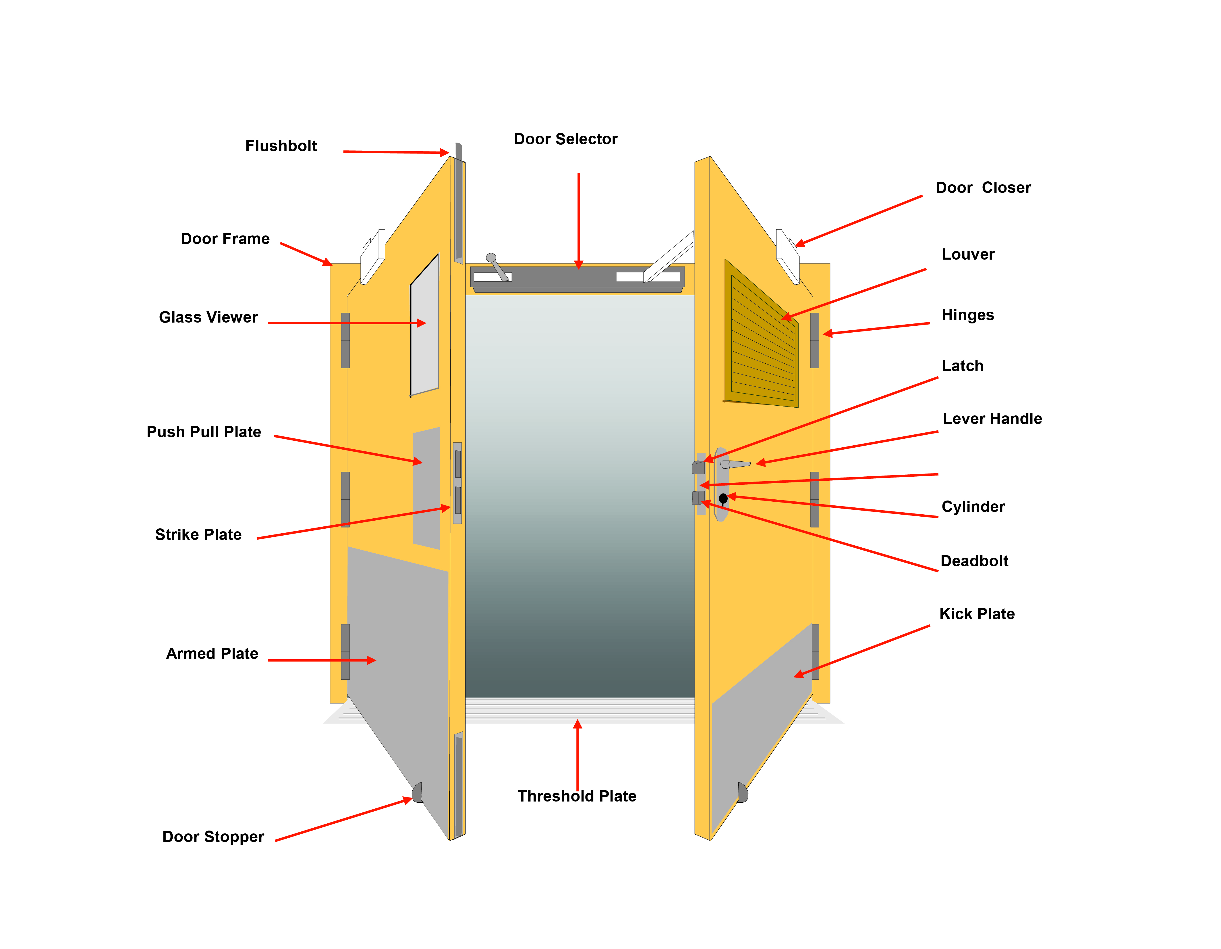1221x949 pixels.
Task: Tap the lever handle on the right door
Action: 735,464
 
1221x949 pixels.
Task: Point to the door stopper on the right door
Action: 742,792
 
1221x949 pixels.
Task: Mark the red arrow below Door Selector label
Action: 579,221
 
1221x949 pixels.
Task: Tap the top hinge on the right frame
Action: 815,340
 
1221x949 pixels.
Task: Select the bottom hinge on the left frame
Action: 345,651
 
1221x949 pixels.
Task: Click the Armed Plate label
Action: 212,653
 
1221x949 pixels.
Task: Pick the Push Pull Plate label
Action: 204,432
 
